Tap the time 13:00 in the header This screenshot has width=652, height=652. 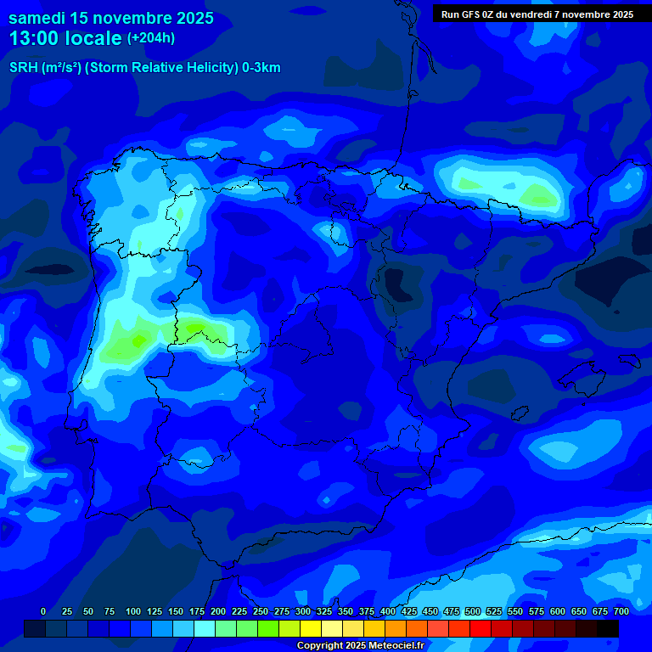(x=37, y=38)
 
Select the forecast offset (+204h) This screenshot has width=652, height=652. (x=150, y=38)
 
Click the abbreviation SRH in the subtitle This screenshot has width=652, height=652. (x=24, y=68)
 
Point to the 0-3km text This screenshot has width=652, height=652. (x=261, y=68)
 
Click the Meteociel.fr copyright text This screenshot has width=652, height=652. (x=359, y=646)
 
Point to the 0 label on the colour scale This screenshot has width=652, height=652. (x=43, y=612)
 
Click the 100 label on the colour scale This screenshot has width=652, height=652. (x=133, y=612)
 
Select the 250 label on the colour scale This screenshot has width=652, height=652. (x=261, y=612)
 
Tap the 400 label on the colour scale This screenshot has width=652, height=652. (x=388, y=612)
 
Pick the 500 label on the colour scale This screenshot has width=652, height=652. (x=473, y=612)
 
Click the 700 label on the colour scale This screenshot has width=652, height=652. (x=621, y=612)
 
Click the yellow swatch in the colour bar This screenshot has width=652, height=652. (x=311, y=628)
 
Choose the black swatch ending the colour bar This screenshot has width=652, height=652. (x=608, y=628)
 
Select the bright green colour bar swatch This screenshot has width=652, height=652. (x=268, y=628)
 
